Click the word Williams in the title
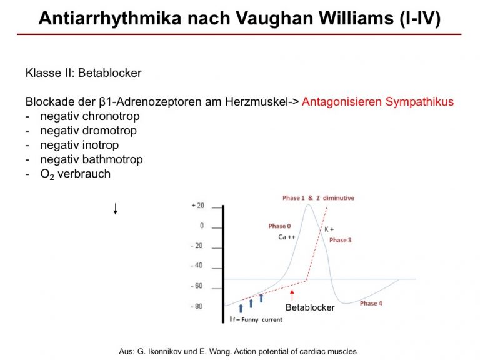point(356,18)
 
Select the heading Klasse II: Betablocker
point(83,73)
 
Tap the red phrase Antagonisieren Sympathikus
point(377,102)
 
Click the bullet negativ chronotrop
point(90,116)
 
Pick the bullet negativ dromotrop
point(89,131)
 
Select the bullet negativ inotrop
point(79,145)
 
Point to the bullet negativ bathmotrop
point(91,159)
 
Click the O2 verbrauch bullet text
point(75,174)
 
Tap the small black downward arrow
point(116,209)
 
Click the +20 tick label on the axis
point(197,206)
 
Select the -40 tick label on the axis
point(196,266)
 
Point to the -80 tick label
point(196,306)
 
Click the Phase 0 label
point(279,226)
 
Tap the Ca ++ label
point(287,237)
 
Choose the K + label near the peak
point(329,229)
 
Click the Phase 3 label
point(341,240)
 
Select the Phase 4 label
point(371,303)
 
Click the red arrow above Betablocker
point(292,296)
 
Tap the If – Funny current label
point(256,319)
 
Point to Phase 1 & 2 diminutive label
point(318,198)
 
